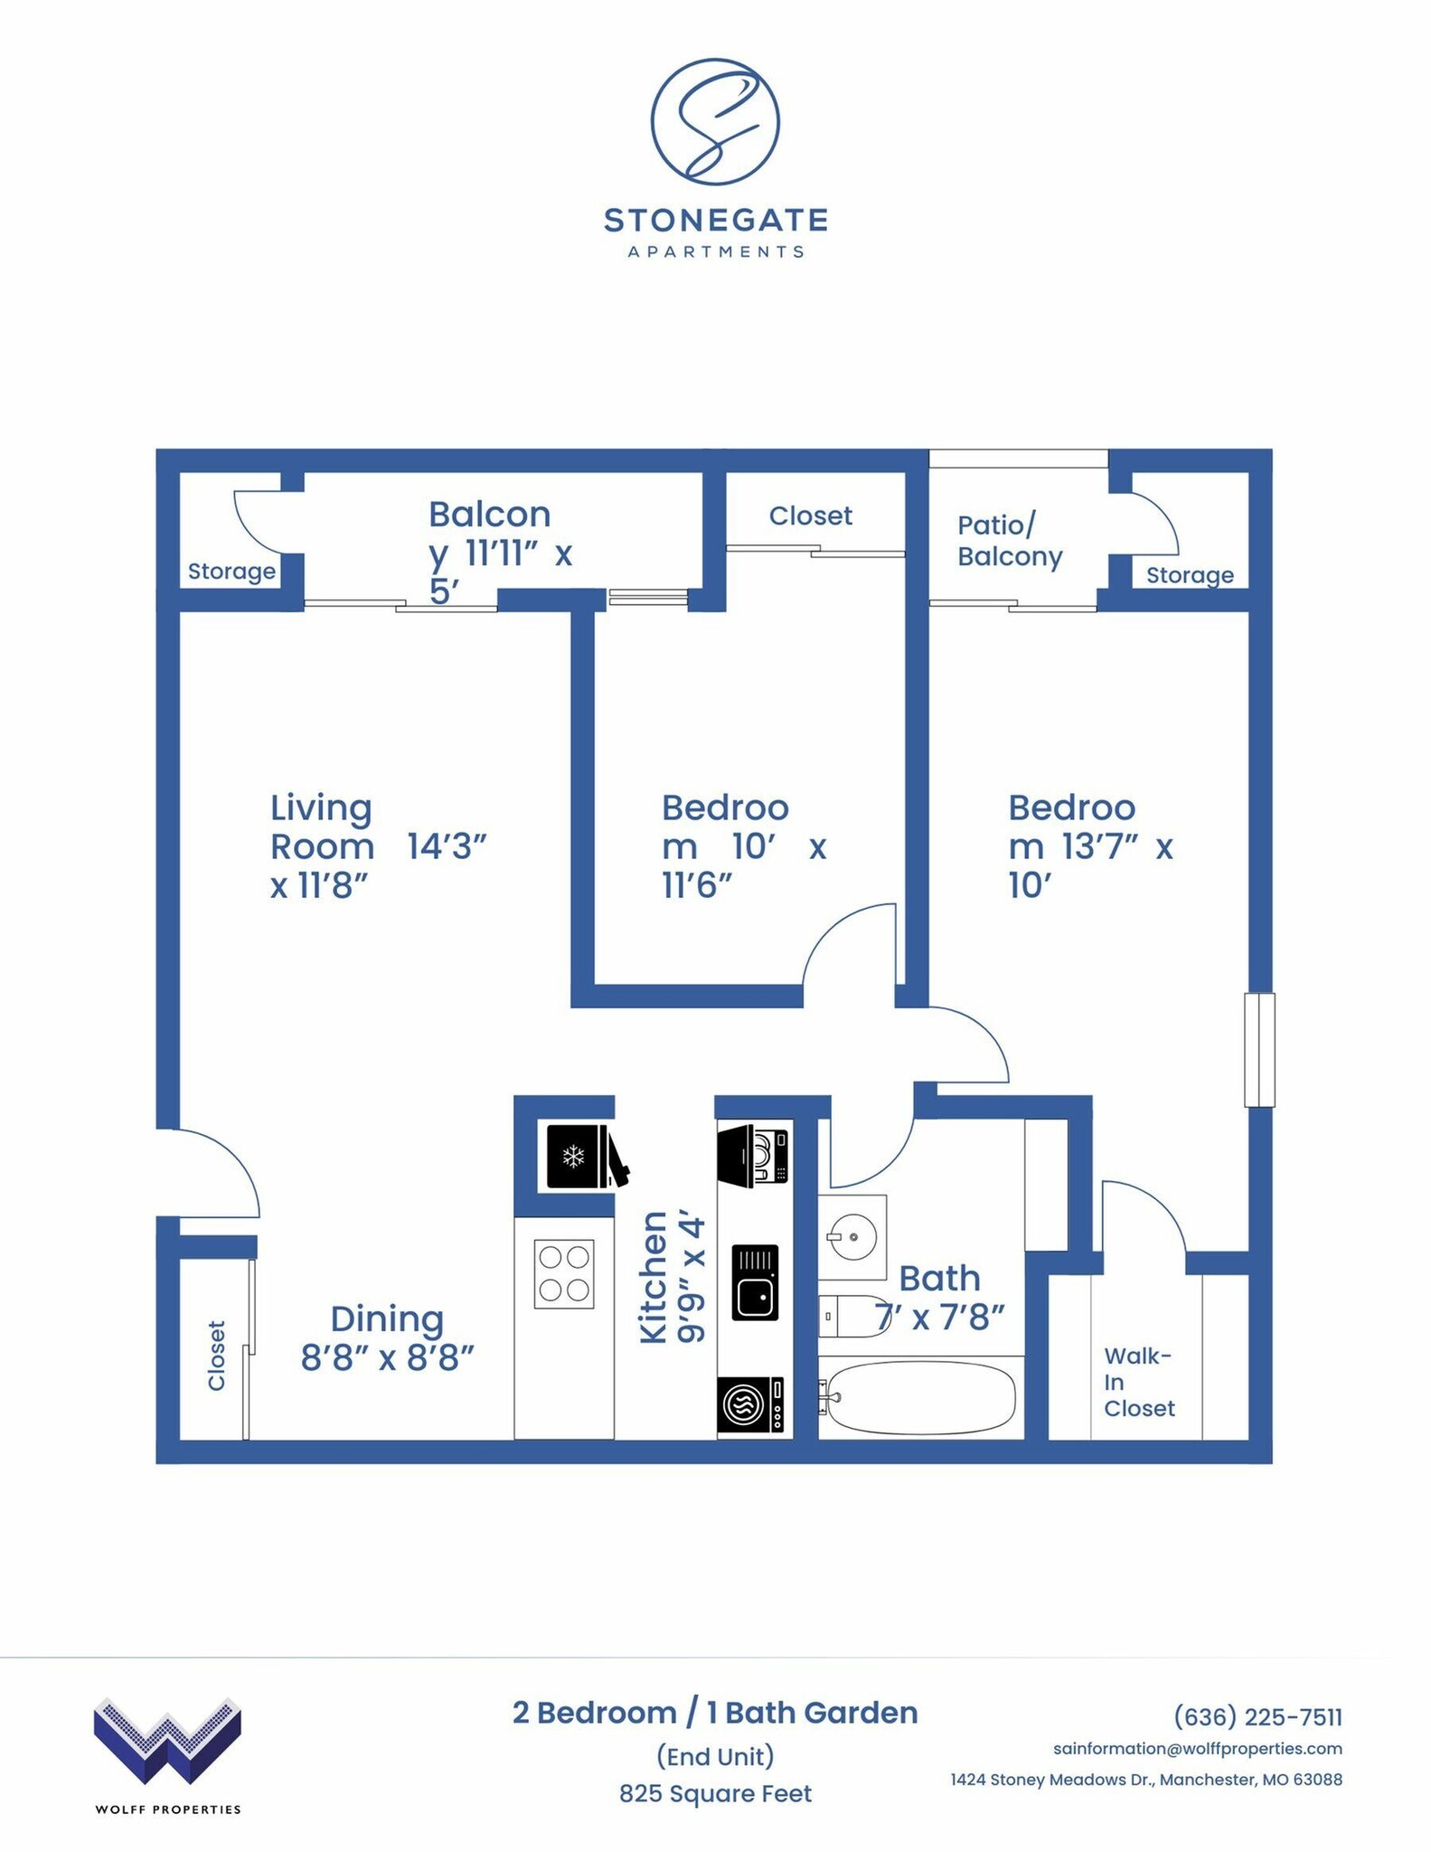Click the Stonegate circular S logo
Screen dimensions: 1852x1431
[x=714, y=122]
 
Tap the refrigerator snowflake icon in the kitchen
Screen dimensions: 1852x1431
[x=573, y=1156]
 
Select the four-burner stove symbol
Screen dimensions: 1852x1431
[x=564, y=1273]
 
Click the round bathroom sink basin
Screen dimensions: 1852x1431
[x=852, y=1235]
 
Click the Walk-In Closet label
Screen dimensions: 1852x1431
[x=1138, y=1382]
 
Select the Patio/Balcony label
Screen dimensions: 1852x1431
[x=1009, y=541]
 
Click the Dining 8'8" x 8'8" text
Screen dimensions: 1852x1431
[x=387, y=1338]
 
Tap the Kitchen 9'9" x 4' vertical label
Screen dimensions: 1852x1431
[x=671, y=1278]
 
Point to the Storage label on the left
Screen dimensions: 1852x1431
[x=231, y=572]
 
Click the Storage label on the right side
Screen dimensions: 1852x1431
[x=1189, y=575]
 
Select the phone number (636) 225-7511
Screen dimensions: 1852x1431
[x=1257, y=1716]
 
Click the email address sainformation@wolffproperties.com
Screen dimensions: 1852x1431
[x=1197, y=1749]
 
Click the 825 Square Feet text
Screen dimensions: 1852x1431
[x=715, y=1793]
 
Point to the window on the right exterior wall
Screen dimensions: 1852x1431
[x=1259, y=1050]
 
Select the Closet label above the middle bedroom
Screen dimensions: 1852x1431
[x=810, y=516]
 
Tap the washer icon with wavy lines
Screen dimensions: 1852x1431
[x=750, y=1404]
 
